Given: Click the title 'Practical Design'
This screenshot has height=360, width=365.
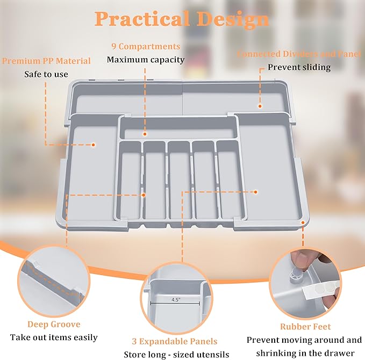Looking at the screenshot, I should click(182, 19).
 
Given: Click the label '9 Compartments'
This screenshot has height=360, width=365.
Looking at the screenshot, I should click(146, 47).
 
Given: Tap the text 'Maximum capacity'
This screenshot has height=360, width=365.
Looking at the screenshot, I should click(146, 59).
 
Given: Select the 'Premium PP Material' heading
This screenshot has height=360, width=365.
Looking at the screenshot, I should click(46, 61).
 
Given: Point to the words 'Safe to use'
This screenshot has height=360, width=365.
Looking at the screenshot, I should click(46, 74).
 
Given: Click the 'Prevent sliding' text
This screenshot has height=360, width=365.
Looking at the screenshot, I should click(299, 68).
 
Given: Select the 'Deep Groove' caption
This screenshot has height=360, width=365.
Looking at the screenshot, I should click(54, 324).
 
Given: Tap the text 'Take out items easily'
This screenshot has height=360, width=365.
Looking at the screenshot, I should click(54, 337).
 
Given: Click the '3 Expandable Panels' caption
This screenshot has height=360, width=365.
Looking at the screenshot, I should click(175, 341).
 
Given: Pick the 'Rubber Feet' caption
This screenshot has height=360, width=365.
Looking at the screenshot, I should click(305, 326).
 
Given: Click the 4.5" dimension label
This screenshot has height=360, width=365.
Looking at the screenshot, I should click(175, 300).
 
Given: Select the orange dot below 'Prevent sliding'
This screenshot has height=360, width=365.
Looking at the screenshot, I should click(260, 106).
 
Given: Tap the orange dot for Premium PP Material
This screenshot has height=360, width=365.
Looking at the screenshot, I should click(93, 145).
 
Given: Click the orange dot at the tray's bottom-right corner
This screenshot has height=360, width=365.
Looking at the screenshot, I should click(303, 221).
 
